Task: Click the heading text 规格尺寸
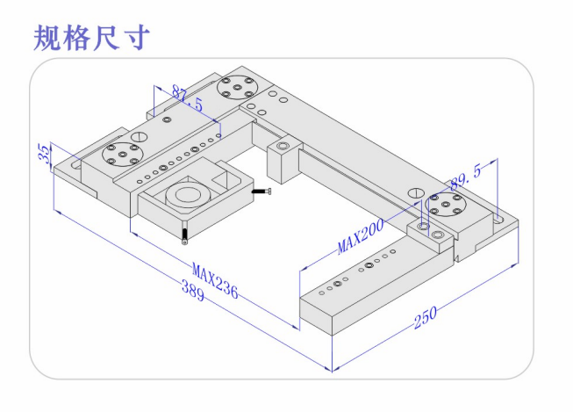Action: click(92, 37)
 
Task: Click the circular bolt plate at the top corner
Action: click(237, 88)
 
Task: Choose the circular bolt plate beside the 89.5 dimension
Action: click(447, 208)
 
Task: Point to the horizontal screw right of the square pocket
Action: click(262, 192)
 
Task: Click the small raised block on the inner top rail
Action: click(282, 155)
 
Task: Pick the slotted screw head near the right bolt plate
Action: click(415, 192)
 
